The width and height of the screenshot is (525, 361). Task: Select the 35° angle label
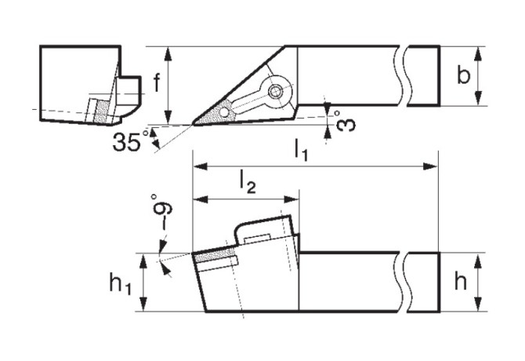click(130, 141)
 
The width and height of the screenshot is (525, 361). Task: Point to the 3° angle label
click(344, 122)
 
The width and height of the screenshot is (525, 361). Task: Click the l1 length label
click(301, 150)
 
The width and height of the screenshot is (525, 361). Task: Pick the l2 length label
click(248, 183)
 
